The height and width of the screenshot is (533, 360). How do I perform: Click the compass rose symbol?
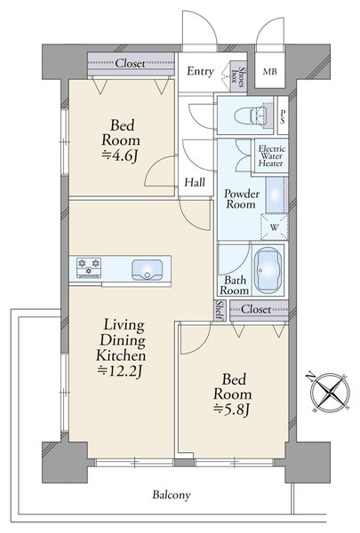(x=330, y=392)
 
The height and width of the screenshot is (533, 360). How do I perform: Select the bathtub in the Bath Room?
(x=268, y=270)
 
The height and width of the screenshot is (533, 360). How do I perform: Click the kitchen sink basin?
(x=147, y=270)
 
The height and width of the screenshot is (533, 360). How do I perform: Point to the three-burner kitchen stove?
(x=89, y=267)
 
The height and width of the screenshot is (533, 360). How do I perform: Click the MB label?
(x=270, y=72)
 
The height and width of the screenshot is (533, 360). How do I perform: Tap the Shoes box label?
(x=238, y=76)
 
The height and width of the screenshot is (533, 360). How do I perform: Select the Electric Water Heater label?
(x=271, y=156)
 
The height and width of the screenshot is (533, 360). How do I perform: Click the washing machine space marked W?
(x=275, y=227)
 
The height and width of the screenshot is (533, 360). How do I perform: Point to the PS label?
(x=283, y=116)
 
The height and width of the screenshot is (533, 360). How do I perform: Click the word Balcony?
(x=172, y=495)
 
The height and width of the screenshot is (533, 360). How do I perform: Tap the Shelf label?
(x=220, y=310)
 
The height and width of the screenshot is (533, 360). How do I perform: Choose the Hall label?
(x=195, y=182)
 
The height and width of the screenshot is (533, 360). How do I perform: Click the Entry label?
(x=200, y=71)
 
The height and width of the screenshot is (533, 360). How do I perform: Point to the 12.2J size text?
(x=119, y=370)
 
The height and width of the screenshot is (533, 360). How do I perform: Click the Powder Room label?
(x=241, y=199)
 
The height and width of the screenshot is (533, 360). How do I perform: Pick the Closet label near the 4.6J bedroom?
(x=131, y=63)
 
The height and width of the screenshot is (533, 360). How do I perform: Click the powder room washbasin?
(x=275, y=195)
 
